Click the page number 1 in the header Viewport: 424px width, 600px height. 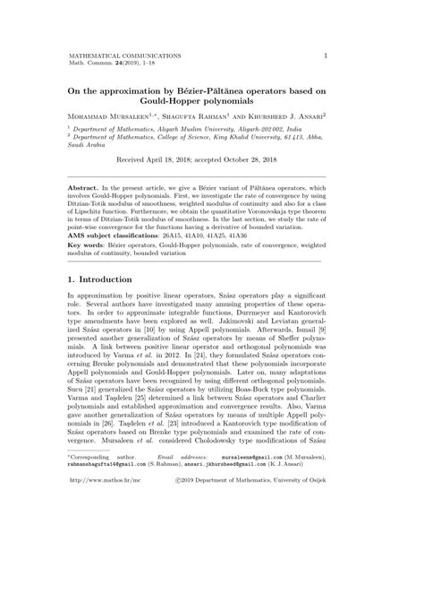(x=325, y=56)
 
